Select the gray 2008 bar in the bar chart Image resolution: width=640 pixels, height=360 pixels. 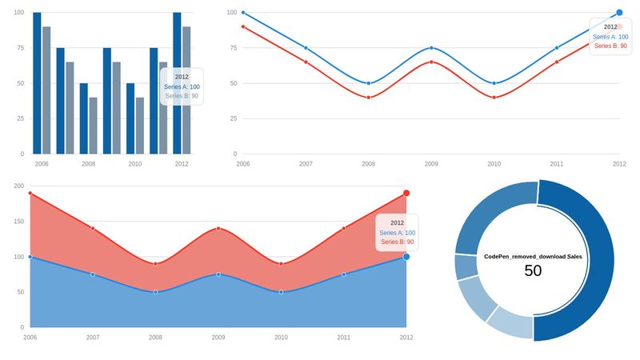[x=93, y=126]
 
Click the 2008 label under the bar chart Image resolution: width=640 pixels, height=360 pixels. [x=88, y=163]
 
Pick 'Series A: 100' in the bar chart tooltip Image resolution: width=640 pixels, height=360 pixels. [x=182, y=86]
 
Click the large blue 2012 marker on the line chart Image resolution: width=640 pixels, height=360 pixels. [x=619, y=13]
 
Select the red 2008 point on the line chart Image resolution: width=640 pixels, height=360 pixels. [x=368, y=98]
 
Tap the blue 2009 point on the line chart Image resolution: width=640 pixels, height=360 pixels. [x=431, y=48]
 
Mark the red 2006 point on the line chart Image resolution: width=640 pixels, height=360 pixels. [x=243, y=27]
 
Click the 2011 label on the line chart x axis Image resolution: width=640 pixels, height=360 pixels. [x=557, y=163]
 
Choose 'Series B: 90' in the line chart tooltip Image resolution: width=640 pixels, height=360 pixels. [x=610, y=46]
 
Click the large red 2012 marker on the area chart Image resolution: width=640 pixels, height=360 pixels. [x=406, y=194]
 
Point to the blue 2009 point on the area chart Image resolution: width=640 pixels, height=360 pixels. [x=218, y=274]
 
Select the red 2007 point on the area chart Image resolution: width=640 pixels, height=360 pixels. [x=93, y=228]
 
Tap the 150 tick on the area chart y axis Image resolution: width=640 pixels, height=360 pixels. [x=18, y=222]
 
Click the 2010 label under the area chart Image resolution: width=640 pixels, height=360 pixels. [x=281, y=338]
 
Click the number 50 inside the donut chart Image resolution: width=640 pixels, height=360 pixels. [x=533, y=271]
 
